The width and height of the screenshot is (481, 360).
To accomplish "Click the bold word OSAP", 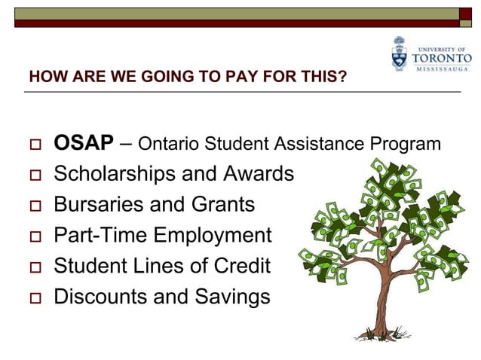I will click(84, 142).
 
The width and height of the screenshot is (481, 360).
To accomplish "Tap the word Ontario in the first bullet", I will click(168, 143).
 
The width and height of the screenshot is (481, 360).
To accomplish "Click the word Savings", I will click(233, 297).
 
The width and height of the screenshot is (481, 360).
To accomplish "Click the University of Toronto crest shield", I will click(399, 54).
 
